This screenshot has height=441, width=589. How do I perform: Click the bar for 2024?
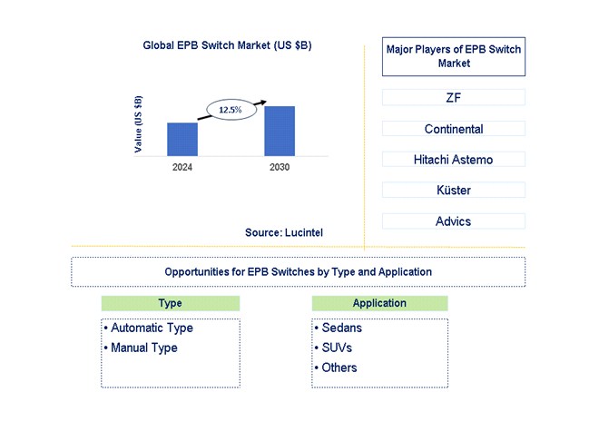pos(182,139)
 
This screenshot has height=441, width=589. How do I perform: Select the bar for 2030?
pos(280,131)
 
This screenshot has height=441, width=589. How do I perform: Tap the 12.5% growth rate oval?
pos(231,110)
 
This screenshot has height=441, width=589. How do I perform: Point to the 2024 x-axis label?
pos(182,168)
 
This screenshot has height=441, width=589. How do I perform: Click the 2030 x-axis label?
pos(280,168)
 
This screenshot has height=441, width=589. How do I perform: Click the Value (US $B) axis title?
pos(138,123)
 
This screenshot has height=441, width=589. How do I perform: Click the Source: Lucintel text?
pos(283,233)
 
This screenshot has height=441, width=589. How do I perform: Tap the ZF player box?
pos(454,97)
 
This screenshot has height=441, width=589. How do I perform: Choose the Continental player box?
pos(454,129)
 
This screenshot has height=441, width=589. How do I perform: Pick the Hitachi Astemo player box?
pos(454,160)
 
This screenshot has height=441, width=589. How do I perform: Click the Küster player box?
pos(454,191)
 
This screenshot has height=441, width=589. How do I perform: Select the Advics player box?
pos(454,221)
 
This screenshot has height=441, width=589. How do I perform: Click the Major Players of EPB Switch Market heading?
pos(454,56)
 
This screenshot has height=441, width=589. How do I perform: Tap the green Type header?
pos(170,303)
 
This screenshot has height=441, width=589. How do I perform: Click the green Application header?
pos(379,303)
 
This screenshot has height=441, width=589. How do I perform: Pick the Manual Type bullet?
pos(143,348)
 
